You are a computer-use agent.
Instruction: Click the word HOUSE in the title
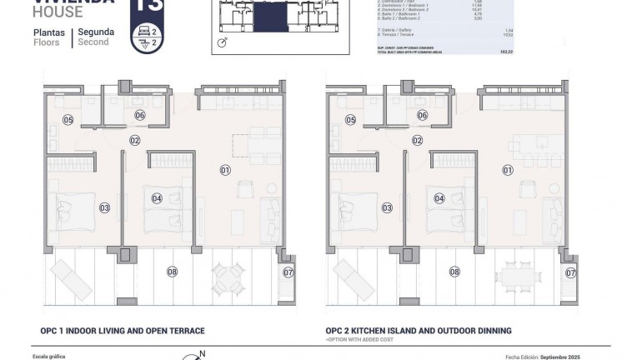click(x=58, y=12)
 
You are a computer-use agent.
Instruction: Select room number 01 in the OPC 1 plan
click(x=225, y=170)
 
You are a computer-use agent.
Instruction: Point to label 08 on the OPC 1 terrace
click(x=173, y=271)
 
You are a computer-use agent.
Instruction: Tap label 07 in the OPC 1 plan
click(x=288, y=272)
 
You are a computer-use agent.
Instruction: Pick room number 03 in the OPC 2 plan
click(x=387, y=207)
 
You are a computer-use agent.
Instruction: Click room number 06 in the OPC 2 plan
click(x=422, y=116)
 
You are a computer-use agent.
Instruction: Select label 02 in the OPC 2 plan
click(x=417, y=141)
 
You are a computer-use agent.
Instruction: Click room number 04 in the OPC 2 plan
click(x=439, y=198)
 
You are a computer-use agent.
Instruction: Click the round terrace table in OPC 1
click(x=226, y=276)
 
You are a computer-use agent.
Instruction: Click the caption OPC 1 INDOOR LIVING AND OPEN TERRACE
click(x=123, y=331)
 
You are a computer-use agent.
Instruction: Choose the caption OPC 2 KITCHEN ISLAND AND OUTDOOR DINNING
click(x=419, y=331)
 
